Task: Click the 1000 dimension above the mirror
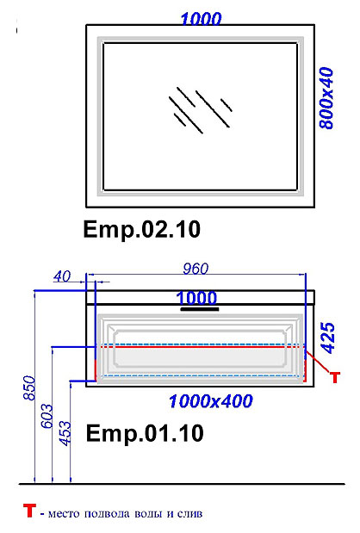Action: click(201, 19)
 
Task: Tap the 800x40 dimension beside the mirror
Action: click(327, 98)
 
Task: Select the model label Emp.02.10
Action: click(142, 229)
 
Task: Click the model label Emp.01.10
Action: click(145, 433)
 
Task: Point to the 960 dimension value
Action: click(196, 269)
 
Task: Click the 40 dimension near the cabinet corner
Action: click(62, 276)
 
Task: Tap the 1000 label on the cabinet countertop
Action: click(196, 298)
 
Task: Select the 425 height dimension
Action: click(328, 338)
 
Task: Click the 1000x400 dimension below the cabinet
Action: click(211, 401)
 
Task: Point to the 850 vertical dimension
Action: click(29, 387)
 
